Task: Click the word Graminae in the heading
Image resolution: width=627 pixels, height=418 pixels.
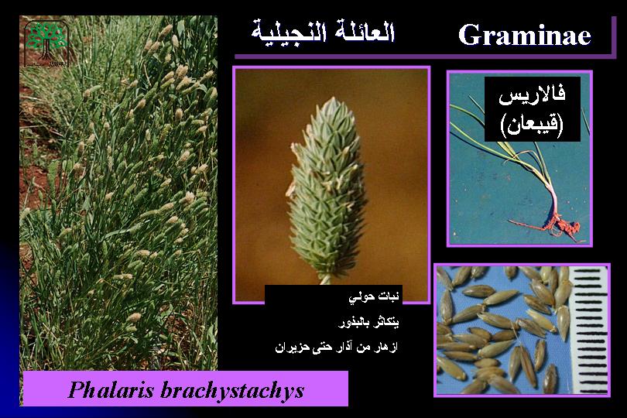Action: click(x=524, y=35)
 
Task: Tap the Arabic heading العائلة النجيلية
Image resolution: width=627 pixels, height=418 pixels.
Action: click(x=323, y=31)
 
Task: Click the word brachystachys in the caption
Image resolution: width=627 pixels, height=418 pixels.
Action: click(x=232, y=390)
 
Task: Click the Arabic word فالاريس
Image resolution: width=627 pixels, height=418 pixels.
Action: click(x=532, y=96)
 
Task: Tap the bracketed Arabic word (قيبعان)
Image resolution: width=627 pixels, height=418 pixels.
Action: click(x=532, y=125)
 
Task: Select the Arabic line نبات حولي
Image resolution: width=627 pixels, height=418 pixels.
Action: click(x=373, y=296)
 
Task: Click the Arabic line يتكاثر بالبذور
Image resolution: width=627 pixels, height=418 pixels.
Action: click(x=368, y=322)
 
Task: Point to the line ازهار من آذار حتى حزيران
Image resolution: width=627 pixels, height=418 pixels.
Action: click(x=336, y=347)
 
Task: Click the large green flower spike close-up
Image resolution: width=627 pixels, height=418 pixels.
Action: click(x=326, y=188)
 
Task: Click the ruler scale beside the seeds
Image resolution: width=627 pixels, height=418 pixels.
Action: click(x=590, y=331)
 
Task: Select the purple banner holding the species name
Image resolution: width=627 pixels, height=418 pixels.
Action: click(x=186, y=389)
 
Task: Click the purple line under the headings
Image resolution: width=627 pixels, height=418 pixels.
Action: click(x=424, y=57)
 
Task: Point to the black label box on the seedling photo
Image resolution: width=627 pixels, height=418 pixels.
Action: click(x=533, y=109)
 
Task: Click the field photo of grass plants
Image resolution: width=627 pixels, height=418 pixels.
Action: click(x=118, y=193)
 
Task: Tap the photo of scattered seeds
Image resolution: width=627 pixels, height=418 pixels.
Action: click(x=522, y=331)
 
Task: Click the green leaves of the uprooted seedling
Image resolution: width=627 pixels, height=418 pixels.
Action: click(x=516, y=148)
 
